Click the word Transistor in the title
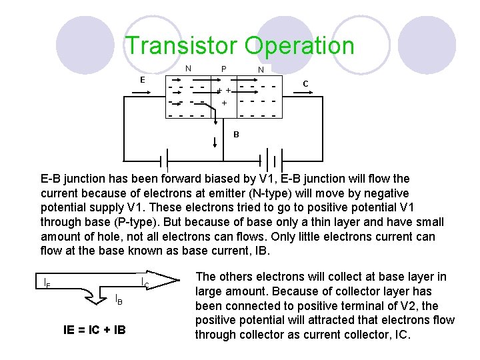tap(181, 46)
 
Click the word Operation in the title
tap(299, 46)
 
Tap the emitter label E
tap(142, 80)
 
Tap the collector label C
tap(305, 84)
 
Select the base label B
tap(236, 134)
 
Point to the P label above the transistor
tap(223, 69)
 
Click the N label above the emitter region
tap(188, 68)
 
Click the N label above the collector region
tap(261, 69)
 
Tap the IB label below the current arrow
tap(118, 299)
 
